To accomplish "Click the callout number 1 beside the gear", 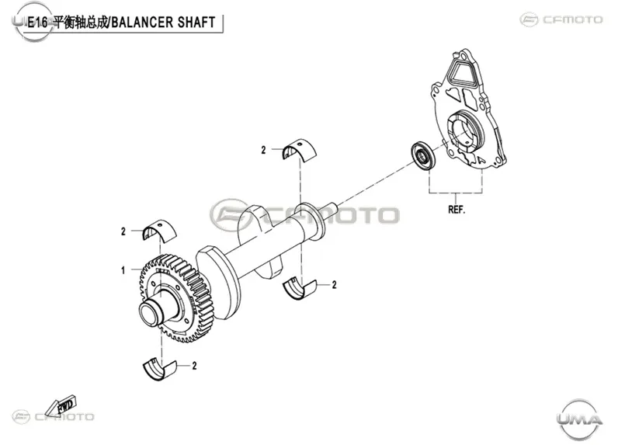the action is tap(123, 270).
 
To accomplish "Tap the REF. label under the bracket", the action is tap(457, 210).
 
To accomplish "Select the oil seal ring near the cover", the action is tap(423, 155).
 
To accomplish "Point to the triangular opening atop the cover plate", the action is tap(463, 71).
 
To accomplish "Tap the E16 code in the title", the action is tap(37, 23).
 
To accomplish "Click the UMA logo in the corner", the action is tap(579, 419).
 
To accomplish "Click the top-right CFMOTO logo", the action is tap(561, 19).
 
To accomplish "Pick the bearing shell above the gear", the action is tap(159, 230).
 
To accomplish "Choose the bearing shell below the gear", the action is tap(159, 370).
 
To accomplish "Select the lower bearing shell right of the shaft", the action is tap(300, 288).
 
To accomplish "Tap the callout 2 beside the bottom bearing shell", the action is tap(195, 366).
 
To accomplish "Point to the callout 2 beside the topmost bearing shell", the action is tap(263, 150).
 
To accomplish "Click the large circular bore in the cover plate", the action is tap(465, 131).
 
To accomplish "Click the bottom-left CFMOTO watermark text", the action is tap(64, 417).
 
